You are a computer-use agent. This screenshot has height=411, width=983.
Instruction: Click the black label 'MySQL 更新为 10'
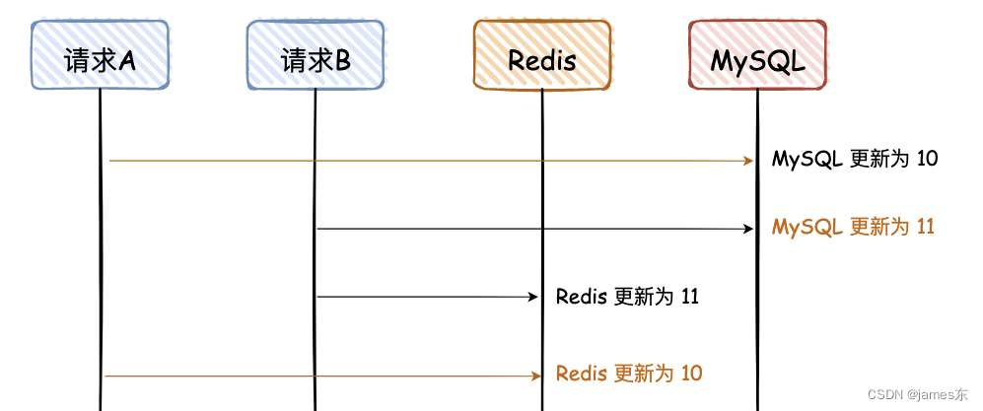(855, 159)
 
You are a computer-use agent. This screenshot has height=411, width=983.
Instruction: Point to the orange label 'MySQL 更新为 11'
(853, 227)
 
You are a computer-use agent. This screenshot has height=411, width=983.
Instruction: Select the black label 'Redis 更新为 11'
(627, 296)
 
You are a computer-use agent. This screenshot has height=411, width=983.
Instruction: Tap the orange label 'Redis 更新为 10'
(629, 374)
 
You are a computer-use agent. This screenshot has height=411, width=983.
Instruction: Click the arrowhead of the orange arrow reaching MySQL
(747, 160)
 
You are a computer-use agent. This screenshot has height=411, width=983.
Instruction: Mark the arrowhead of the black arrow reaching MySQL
(747, 229)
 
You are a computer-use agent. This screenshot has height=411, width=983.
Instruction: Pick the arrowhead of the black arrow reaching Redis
(532, 297)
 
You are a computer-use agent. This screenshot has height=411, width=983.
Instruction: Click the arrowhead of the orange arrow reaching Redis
(535, 376)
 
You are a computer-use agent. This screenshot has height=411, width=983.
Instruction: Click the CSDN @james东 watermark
(918, 394)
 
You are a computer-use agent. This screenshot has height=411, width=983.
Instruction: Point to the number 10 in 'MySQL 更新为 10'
(927, 159)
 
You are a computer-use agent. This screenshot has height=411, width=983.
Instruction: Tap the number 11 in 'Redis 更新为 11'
(690, 296)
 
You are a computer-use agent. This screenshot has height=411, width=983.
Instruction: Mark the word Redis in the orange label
(582, 374)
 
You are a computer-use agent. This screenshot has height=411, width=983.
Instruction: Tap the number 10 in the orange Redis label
(691, 374)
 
